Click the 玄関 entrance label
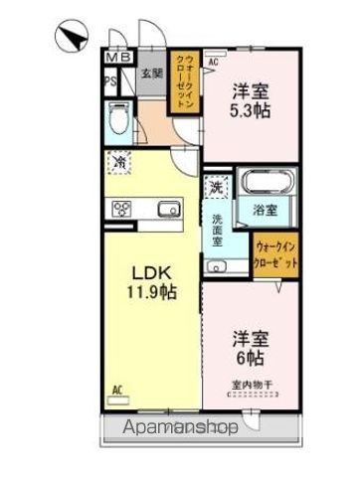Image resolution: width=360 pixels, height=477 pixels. pos(149,74)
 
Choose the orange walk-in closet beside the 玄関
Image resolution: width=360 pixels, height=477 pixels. pos(185,86)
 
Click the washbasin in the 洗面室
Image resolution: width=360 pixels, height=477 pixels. pos(217,265)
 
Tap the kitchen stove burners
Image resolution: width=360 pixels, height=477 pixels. pos(123,209)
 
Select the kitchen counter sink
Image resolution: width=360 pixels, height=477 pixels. pos(165,208)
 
